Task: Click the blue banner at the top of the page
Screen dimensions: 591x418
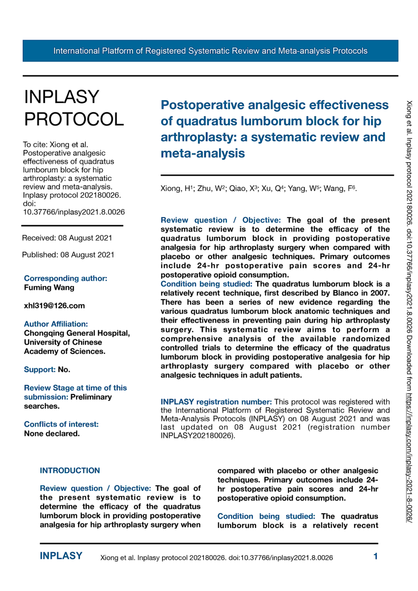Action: click(x=210, y=51)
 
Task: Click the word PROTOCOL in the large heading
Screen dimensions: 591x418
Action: click(x=74, y=119)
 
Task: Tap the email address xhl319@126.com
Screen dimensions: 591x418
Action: click(x=54, y=306)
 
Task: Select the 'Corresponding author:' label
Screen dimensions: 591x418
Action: click(x=65, y=278)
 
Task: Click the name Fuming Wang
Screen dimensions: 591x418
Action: click(x=49, y=287)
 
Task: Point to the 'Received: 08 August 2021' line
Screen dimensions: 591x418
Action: click(x=67, y=238)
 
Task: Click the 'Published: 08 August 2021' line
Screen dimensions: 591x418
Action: click(x=68, y=255)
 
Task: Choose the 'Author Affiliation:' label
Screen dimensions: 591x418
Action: click(x=56, y=324)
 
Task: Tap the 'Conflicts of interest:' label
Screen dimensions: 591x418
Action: click(x=61, y=424)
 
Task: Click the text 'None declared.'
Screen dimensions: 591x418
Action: click(x=52, y=434)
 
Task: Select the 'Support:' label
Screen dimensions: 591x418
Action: click(x=40, y=369)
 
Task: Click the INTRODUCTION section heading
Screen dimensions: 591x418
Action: click(x=70, y=471)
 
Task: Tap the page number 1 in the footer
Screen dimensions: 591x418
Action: click(x=375, y=556)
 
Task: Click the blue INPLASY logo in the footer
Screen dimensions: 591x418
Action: click(x=61, y=556)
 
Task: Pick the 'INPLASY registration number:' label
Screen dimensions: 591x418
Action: click(x=216, y=402)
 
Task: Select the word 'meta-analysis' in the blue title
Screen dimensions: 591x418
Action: click(x=202, y=154)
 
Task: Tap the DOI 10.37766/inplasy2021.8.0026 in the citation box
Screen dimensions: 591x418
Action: click(x=74, y=212)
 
